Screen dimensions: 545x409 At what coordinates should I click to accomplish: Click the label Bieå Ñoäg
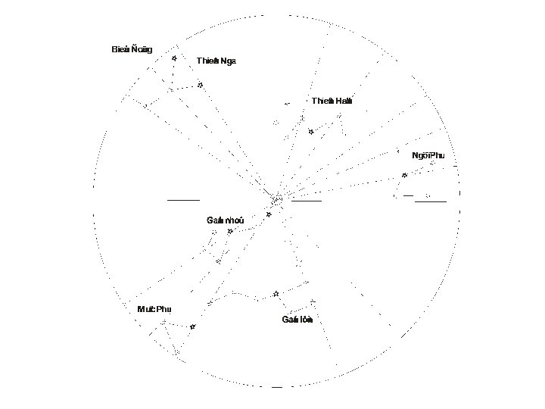tap(132, 50)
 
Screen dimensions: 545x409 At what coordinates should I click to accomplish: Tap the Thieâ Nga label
tap(216, 61)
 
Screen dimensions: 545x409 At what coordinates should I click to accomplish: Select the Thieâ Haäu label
tap(332, 101)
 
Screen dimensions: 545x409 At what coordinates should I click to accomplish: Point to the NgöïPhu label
tap(428, 155)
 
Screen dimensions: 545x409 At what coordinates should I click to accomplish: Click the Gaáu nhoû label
tap(225, 220)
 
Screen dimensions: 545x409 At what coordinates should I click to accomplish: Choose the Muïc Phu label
tap(154, 309)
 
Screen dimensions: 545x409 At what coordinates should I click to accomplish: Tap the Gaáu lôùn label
tap(297, 319)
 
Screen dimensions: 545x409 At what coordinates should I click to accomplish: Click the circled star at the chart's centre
tap(277, 200)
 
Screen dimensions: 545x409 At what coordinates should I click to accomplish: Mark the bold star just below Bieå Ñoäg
tap(174, 58)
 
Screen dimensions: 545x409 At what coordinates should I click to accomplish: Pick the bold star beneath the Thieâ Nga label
tap(200, 85)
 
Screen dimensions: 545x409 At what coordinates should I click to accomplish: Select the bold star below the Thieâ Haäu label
tap(311, 132)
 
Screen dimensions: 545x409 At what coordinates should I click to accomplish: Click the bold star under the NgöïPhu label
tap(405, 175)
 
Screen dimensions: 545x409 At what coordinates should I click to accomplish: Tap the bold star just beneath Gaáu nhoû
tap(230, 231)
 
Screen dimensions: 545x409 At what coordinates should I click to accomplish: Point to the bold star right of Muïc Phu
tap(192, 326)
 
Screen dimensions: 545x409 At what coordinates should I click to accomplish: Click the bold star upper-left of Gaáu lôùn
tap(276, 293)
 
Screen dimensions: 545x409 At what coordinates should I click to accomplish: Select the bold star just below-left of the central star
tap(269, 214)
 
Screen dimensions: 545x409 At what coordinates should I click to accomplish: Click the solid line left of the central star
tap(183, 200)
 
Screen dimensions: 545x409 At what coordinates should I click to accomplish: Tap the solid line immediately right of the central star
tap(307, 201)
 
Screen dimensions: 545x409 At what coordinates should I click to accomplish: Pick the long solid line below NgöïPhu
tap(431, 201)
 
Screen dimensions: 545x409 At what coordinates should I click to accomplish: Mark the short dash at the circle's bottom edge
tap(277, 387)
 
